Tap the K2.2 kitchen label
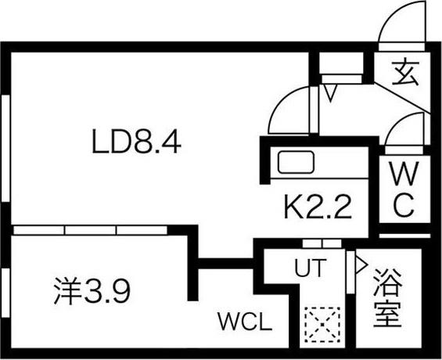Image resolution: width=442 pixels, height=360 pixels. click(x=316, y=208)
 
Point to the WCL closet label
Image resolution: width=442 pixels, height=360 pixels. click(x=244, y=322)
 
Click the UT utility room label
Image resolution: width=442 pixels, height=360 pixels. click(x=309, y=268)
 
